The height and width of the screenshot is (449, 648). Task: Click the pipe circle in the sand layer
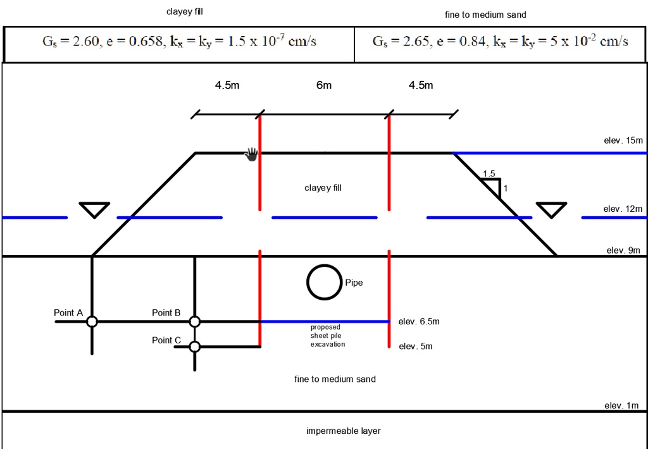325,282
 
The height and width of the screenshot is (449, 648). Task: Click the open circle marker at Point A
92,322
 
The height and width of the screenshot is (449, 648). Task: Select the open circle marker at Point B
195,322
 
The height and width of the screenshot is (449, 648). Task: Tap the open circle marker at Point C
195,347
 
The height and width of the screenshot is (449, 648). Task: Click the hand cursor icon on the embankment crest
252,154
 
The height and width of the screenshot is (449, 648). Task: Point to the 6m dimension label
324,85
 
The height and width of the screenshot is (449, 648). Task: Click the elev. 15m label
623,140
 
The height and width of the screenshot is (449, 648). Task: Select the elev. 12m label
623,209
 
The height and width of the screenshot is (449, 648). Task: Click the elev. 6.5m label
419,322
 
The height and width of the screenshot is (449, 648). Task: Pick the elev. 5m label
415,347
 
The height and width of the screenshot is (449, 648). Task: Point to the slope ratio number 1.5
489,174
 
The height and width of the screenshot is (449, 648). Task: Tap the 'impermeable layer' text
344,431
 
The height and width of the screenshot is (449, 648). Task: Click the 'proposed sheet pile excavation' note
328,336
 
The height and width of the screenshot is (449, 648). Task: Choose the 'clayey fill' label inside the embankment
323,188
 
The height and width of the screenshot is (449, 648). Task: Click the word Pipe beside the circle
354,283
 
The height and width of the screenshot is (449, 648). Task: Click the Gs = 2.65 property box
500,42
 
